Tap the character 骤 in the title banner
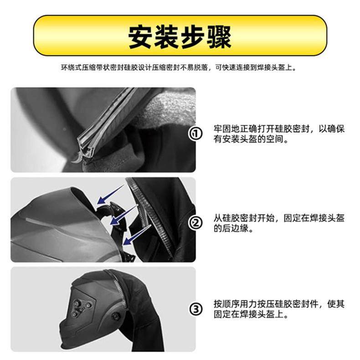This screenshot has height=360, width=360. click(x=219, y=36)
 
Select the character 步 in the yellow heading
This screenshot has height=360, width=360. click(x=193, y=36)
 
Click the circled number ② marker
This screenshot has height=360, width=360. click(x=195, y=223)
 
